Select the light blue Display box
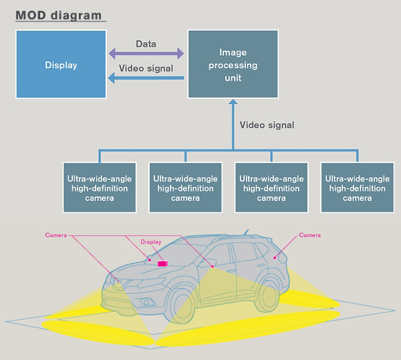(x=61, y=65)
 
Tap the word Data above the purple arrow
(x=146, y=44)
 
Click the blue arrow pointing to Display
(x=147, y=78)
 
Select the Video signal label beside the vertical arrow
(x=267, y=125)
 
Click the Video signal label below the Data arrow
(x=146, y=68)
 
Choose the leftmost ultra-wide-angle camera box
(x=100, y=188)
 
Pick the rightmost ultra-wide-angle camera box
(x=357, y=188)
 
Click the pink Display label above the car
(x=151, y=242)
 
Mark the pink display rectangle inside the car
(x=162, y=264)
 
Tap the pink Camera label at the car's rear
(x=309, y=235)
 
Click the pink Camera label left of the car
(x=56, y=235)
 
